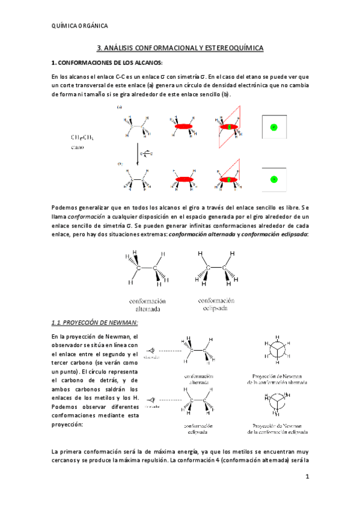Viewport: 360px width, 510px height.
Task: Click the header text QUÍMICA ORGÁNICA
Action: pyautogui.click(x=81, y=26)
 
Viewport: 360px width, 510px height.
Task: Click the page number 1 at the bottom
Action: pyautogui.click(x=307, y=478)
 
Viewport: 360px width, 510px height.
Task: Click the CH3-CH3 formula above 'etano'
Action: pyautogui.click(x=82, y=138)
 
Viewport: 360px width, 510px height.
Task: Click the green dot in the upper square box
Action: pyautogui.click(x=273, y=127)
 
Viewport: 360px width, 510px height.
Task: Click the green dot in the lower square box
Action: pyautogui.click(x=273, y=179)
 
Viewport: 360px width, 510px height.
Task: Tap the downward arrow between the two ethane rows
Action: pyautogui.click(x=138, y=153)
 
